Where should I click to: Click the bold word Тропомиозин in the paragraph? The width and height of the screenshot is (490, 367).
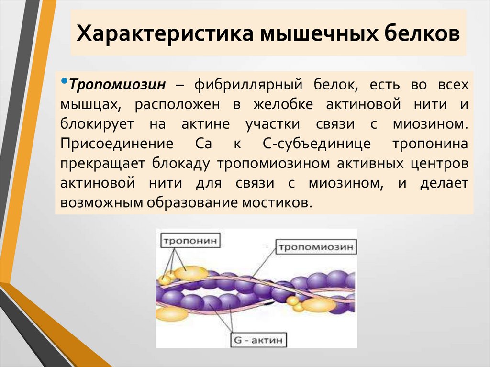click(117, 85)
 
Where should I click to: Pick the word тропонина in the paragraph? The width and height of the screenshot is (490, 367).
click(430, 144)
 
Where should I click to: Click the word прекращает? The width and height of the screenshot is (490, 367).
click(102, 163)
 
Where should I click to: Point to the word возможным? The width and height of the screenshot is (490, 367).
click(105, 202)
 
